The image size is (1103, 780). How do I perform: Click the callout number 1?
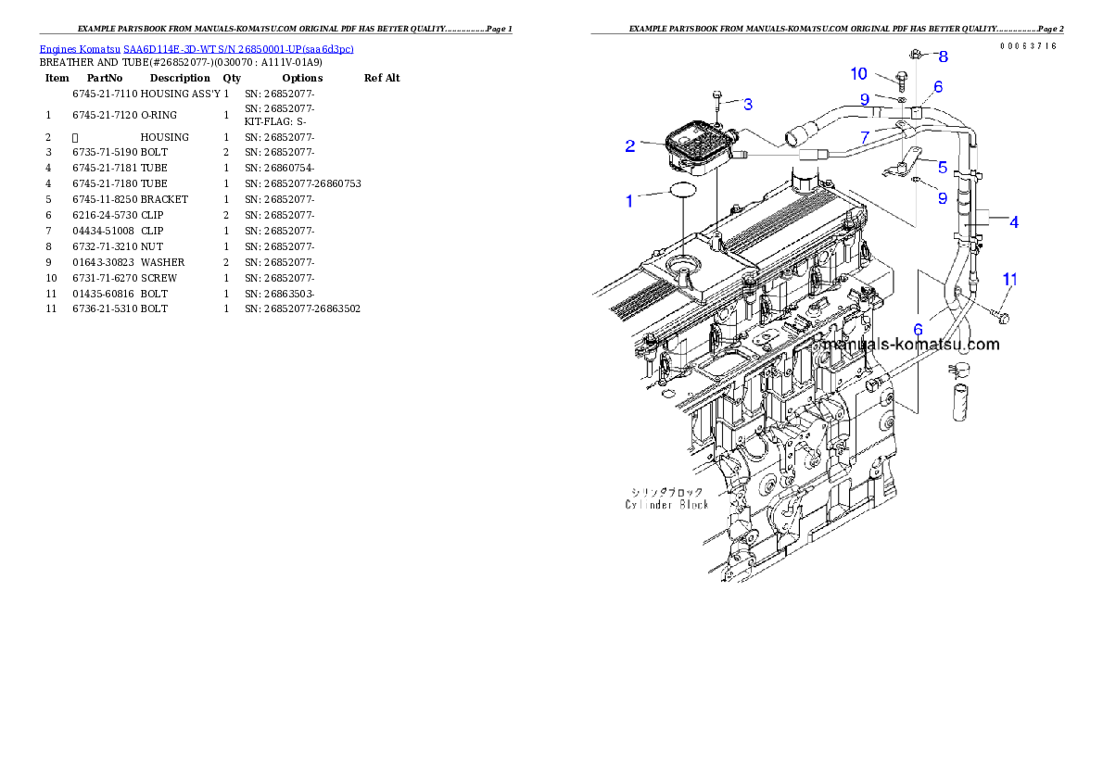[629, 200]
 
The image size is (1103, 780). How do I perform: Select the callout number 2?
[629, 145]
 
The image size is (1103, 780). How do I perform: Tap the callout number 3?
[748, 103]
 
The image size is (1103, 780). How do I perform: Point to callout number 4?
[1014, 222]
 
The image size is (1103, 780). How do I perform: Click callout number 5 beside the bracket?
[943, 168]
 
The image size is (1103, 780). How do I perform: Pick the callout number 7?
[865, 136]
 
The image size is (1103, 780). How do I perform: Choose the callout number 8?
[944, 57]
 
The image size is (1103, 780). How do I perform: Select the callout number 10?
[858, 73]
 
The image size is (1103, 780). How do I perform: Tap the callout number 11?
[1009, 279]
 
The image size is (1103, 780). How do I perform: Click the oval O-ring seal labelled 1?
[682, 192]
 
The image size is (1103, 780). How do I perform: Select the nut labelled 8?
[916, 55]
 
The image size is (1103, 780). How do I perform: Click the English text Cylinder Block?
[666, 504]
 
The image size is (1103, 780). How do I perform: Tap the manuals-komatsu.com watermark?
[908, 345]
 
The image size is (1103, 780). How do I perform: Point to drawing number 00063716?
[1028, 46]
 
